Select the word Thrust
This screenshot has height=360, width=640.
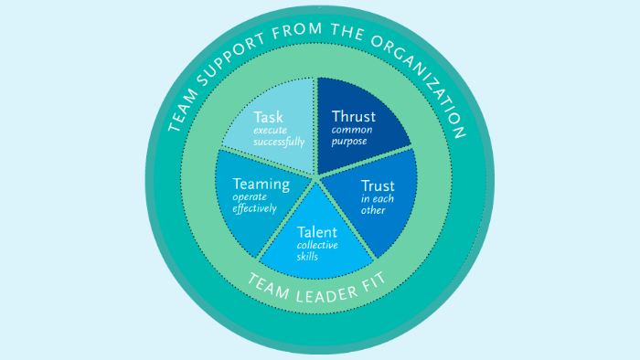pyautogui.click(x=354, y=118)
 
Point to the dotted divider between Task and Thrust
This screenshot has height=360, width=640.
pyautogui.click(x=316, y=128)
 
